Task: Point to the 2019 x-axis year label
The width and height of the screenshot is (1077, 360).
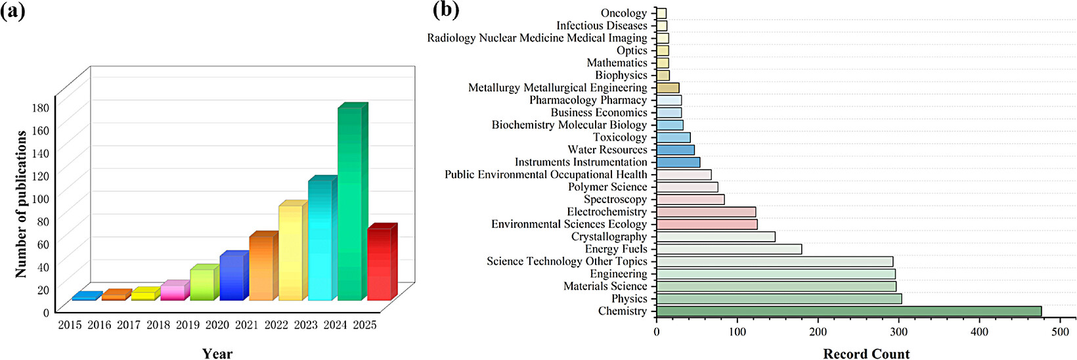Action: point(188,325)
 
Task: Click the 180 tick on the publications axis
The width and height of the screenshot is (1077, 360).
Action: point(41,107)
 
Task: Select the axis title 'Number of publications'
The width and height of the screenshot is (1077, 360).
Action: point(20,204)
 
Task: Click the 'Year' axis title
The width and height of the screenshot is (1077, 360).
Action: point(217,353)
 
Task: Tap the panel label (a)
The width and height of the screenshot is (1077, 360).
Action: point(13,11)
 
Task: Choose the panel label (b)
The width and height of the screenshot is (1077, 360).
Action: point(446,10)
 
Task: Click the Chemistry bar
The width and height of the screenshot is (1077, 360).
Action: point(849,311)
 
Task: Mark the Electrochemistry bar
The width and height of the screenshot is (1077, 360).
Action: point(707,212)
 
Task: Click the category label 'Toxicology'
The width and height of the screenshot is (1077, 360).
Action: point(620,138)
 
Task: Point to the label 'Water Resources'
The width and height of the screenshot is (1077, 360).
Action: point(607,150)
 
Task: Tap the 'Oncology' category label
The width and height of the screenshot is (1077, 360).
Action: point(624,14)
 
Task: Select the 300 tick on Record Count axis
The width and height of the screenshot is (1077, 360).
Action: point(898,332)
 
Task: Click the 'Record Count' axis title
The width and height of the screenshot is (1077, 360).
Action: point(866,353)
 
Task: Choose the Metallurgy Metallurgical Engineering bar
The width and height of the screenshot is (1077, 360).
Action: point(668,87)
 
